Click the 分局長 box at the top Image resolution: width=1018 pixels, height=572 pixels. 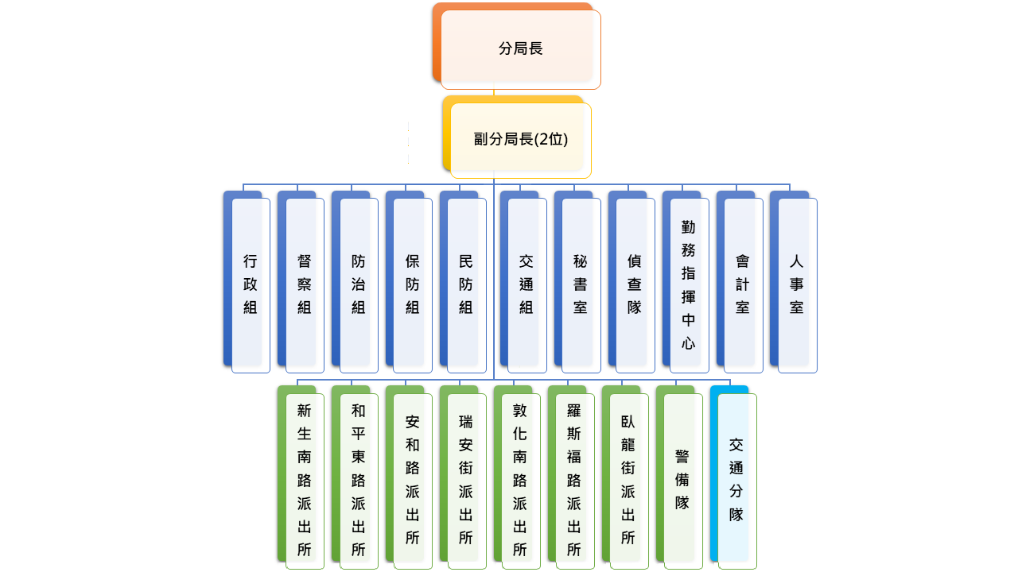pyautogui.click(x=520, y=49)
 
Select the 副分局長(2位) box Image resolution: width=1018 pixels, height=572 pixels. pyautogui.click(x=520, y=140)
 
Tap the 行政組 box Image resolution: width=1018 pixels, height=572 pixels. pyautogui.click(x=251, y=284)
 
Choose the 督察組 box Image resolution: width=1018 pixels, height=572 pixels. pyautogui.click(x=305, y=284)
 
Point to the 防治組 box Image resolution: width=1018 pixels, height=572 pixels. pyautogui.click(x=359, y=284)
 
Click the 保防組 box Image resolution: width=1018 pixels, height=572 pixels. pyautogui.click(x=413, y=284)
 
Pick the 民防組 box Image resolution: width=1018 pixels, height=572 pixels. pyautogui.click(x=466, y=284)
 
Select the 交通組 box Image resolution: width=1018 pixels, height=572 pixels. pyautogui.click(x=526, y=284)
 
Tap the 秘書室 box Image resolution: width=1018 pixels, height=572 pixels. pyautogui.click(x=581, y=284)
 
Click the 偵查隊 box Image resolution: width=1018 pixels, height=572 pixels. pyautogui.click(x=635, y=284)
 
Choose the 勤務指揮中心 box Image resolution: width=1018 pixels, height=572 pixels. pyautogui.click(x=689, y=284)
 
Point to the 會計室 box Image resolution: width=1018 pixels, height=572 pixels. pyautogui.click(x=743, y=284)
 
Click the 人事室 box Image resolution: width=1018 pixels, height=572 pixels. pyautogui.click(x=797, y=284)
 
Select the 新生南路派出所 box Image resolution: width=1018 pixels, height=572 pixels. pyautogui.click(x=305, y=480)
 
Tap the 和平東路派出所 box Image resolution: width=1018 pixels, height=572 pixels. pyautogui.click(x=359, y=480)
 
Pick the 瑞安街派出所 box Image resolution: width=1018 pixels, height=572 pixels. pyautogui.click(x=466, y=480)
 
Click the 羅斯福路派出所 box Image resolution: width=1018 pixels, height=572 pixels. pyautogui.click(x=574, y=480)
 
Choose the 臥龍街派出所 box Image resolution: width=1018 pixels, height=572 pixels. pyautogui.click(x=628, y=480)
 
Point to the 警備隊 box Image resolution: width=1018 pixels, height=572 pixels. pyautogui.click(x=682, y=480)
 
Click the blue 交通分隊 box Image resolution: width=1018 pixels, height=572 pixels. pyautogui.click(x=736, y=480)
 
